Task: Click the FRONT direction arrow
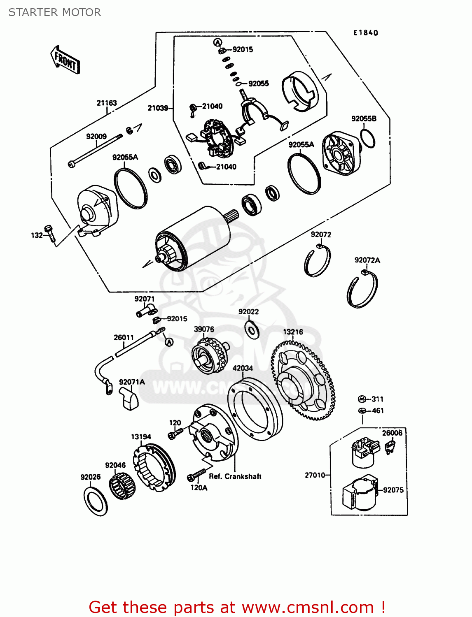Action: (x=65, y=60)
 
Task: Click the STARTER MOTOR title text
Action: (x=55, y=12)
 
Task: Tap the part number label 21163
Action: (x=107, y=103)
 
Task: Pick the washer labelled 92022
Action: (x=251, y=329)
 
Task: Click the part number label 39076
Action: (x=204, y=329)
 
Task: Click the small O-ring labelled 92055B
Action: (x=367, y=139)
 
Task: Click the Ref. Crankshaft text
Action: (x=235, y=476)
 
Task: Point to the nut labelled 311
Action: (x=362, y=399)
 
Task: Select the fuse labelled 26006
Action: (x=389, y=447)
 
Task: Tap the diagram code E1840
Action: (x=365, y=33)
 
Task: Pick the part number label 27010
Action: (x=315, y=475)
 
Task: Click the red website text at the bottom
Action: (x=237, y=607)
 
